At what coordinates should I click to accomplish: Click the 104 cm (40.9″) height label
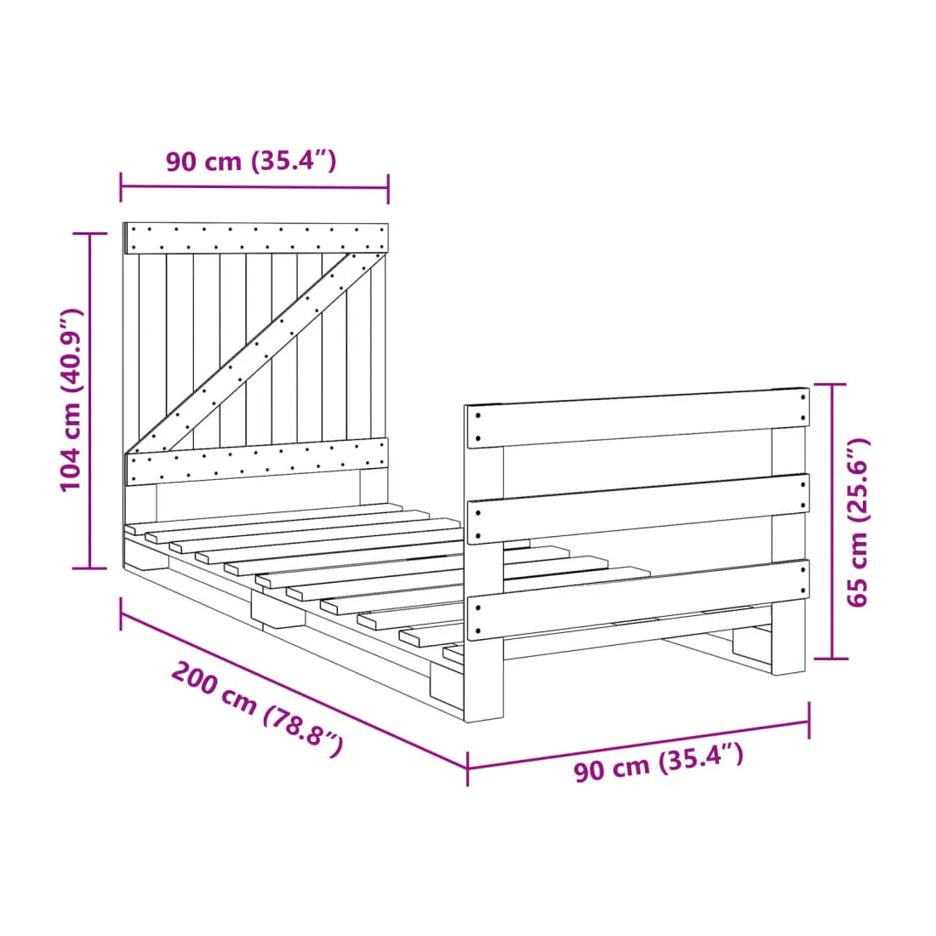(71, 400)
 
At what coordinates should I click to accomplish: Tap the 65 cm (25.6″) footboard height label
(859, 522)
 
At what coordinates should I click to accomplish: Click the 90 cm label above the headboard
(251, 161)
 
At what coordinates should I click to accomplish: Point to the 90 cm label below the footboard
(659, 762)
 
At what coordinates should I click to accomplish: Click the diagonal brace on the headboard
(257, 353)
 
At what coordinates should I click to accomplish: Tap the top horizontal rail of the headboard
(255, 238)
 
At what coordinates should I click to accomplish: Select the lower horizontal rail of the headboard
(257, 461)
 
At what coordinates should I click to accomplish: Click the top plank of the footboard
(637, 418)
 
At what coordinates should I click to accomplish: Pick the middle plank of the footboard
(637, 509)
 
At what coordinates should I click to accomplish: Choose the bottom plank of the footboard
(637, 599)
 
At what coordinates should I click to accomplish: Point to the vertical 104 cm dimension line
(89, 401)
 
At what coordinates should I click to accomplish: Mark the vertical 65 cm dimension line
(831, 521)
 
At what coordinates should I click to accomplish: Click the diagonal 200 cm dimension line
(294, 691)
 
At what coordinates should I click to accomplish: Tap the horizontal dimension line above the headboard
(254, 187)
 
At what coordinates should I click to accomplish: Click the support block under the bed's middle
(277, 610)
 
